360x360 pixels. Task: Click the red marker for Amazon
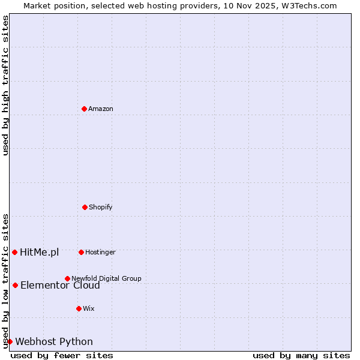[84, 109]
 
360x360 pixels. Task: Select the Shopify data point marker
[85, 207]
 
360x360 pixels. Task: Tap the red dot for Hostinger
[81, 252]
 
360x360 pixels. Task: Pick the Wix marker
[79, 308]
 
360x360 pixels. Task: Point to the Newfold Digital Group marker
[67, 278]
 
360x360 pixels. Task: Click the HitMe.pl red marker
[14, 252]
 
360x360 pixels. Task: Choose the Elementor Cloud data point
[15, 285]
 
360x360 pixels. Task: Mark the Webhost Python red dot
[10, 341]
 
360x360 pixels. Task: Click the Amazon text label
[101, 109]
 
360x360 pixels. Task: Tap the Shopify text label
[101, 207]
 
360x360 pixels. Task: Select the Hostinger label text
[100, 252]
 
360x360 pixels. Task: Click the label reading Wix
[89, 308]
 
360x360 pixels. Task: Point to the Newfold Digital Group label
[106, 278]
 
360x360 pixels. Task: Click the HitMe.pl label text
[40, 252]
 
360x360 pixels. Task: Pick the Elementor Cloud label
[60, 286]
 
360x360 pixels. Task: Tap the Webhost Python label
[54, 341]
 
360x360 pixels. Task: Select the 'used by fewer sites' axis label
[62, 355]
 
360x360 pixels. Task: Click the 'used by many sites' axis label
[301, 355]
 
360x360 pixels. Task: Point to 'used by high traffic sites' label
[5, 85]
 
